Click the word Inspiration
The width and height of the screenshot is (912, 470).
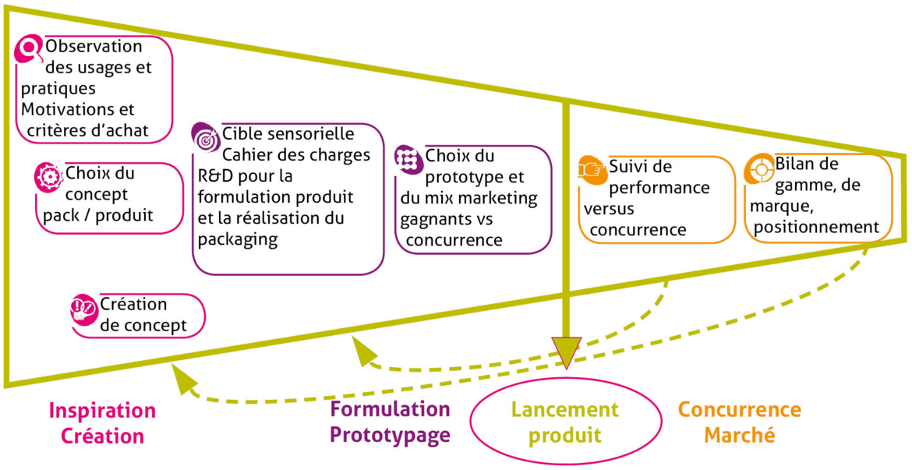pos(103,410)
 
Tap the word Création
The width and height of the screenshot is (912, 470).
pos(103,436)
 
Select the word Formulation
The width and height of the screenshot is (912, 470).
pos(390,409)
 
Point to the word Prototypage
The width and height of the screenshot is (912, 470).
pos(390,435)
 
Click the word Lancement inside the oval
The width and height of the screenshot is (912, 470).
pos(565,408)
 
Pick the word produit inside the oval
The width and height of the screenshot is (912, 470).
pos(565,435)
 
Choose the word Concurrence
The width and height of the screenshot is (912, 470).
pos(739,410)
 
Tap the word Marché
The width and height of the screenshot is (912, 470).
pos(739,435)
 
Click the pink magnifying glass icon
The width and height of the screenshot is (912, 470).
pos(29,49)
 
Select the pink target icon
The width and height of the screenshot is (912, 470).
pos(48,176)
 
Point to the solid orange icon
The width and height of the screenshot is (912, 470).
pos(593,171)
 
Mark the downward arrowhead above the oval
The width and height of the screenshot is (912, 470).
pos(566,351)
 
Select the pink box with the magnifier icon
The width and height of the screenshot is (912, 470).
pos(94,90)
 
